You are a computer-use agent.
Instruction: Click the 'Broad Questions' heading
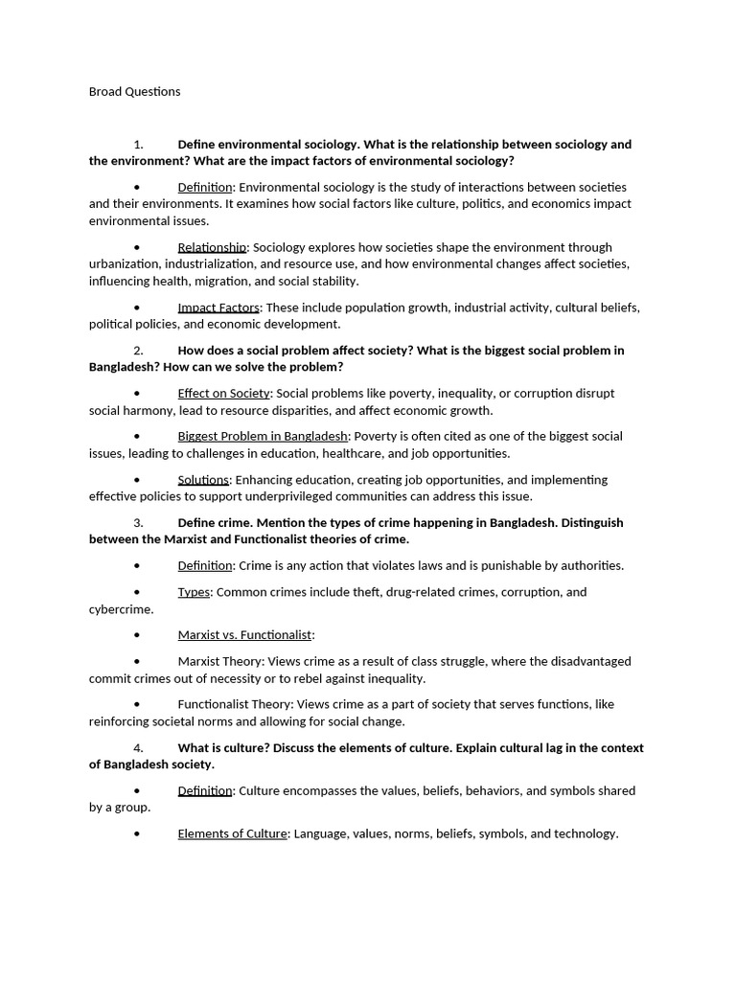tap(134, 92)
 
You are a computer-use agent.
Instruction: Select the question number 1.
tap(138, 145)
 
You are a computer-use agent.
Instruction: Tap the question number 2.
tap(138, 351)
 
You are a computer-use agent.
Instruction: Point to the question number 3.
tap(138, 523)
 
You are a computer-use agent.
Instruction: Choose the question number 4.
tap(138, 748)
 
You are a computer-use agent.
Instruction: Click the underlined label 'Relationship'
tap(212, 248)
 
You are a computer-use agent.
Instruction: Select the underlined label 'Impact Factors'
tap(218, 308)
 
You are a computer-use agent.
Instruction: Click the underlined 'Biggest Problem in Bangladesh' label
tap(263, 437)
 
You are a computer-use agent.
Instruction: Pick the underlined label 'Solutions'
tap(203, 480)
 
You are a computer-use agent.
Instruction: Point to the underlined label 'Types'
tap(194, 592)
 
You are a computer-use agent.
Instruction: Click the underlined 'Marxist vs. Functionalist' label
tap(244, 635)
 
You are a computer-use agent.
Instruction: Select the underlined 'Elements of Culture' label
tap(232, 834)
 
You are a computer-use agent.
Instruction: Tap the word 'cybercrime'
tap(120, 609)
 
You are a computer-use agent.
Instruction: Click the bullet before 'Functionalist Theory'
tap(138, 705)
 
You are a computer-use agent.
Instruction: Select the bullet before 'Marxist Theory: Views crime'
tap(138, 662)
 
